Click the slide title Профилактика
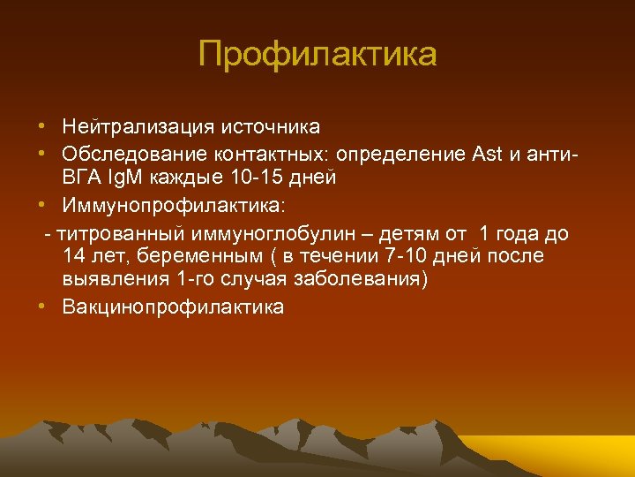(x=317, y=54)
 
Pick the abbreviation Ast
(x=486, y=155)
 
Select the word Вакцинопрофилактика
(x=174, y=307)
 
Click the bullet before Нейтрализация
(x=42, y=129)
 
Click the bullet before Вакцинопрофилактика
(x=42, y=307)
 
